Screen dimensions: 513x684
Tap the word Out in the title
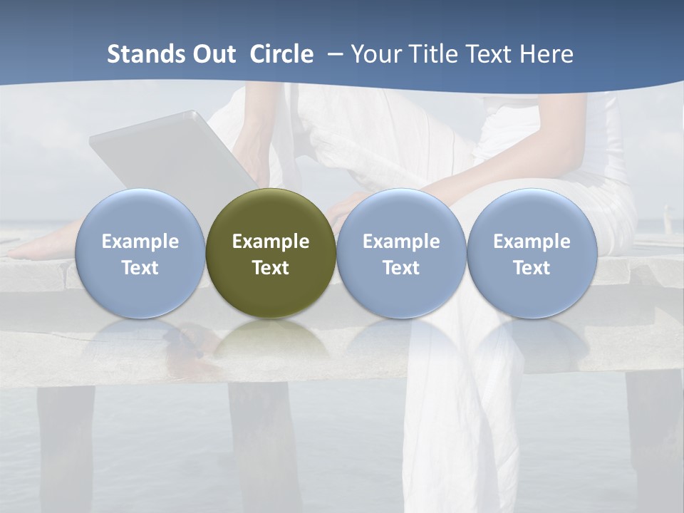(212, 54)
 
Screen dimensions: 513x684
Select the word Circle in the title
(281, 54)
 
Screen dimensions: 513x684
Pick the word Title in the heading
(435, 54)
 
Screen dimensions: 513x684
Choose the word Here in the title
(548, 54)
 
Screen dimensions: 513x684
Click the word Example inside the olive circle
(271, 242)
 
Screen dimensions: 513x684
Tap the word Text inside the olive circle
(271, 268)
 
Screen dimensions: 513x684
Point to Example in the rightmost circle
(532, 242)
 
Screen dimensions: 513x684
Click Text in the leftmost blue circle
(140, 268)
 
